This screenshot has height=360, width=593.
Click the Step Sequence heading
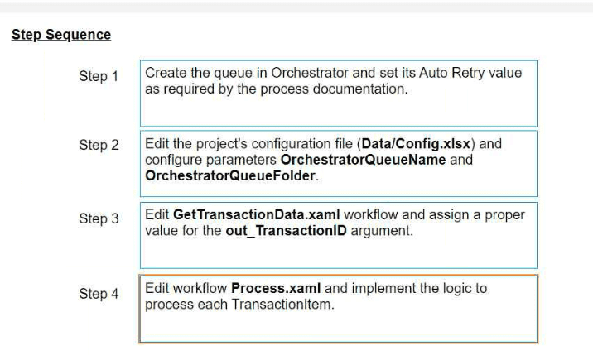[61, 35]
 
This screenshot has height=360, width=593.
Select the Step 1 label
[99, 76]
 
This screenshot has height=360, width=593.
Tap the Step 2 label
[99, 145]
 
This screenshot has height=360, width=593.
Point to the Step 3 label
[99, 218]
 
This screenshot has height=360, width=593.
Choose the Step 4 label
[99, 294]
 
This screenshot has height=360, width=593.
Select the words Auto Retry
[452, 73]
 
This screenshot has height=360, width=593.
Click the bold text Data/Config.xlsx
[416, 144]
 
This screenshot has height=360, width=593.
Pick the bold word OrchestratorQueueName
[363, 160]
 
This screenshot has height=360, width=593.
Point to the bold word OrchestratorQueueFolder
[230, 175]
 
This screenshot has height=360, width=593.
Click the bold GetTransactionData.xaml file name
[257, 214]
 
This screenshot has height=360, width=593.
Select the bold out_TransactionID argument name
[286, 231]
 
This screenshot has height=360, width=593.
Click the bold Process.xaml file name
[276, 288]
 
